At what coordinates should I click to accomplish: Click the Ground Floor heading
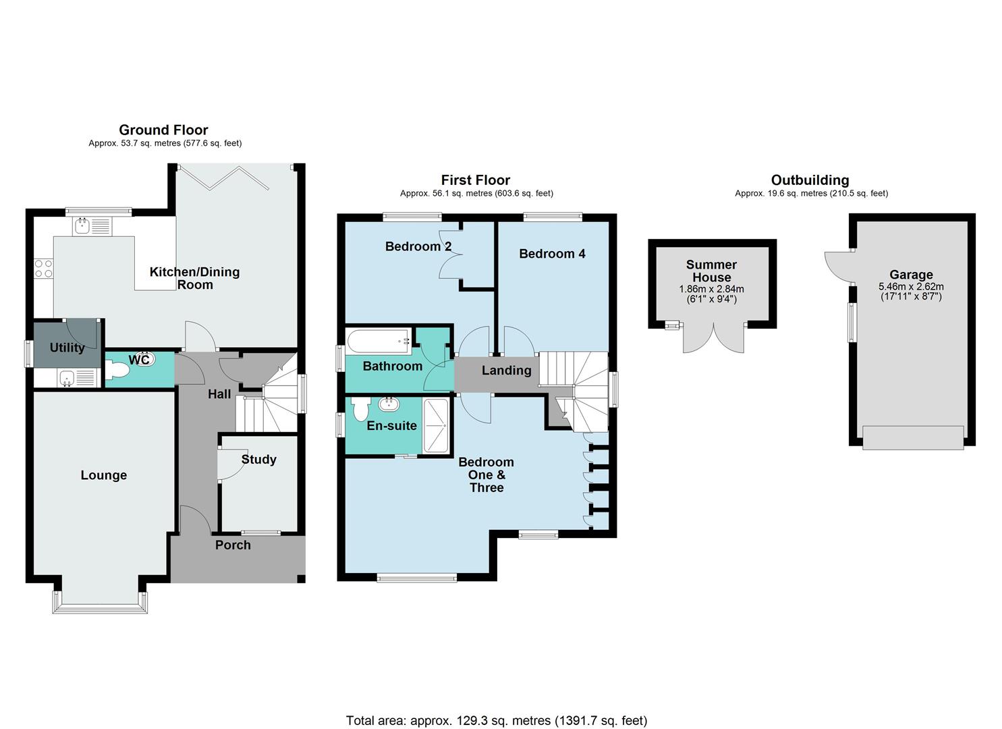point(163,130)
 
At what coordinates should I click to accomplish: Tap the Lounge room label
point(104,475)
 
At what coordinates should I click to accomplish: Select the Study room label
point(258,459)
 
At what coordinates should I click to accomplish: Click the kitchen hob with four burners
point(44,269)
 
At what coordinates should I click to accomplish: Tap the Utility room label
point(67,348)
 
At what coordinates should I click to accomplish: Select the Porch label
point(233,545)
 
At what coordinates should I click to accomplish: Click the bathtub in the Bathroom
point(379,341)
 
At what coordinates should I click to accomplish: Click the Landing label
point(506,370)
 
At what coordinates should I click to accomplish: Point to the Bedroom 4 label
point(552,254)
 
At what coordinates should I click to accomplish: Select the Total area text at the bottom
point(496,720)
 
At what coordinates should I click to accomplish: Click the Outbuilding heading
point(810,180)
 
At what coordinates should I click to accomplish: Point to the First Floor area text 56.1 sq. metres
point(476,193)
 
